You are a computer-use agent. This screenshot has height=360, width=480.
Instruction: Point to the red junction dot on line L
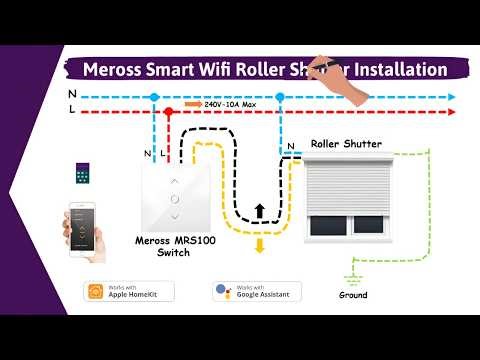(170, 112)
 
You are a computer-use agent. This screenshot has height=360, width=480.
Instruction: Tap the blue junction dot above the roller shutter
(280, 97)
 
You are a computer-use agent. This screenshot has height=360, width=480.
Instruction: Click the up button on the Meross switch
(176, 181)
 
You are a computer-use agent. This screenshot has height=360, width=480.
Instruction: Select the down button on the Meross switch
(176, 215)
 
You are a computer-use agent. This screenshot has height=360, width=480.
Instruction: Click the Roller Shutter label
(346, 144)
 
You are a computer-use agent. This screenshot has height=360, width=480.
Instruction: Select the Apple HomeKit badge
(130, 291)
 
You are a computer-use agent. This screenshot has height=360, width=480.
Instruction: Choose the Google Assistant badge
(257, 291)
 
